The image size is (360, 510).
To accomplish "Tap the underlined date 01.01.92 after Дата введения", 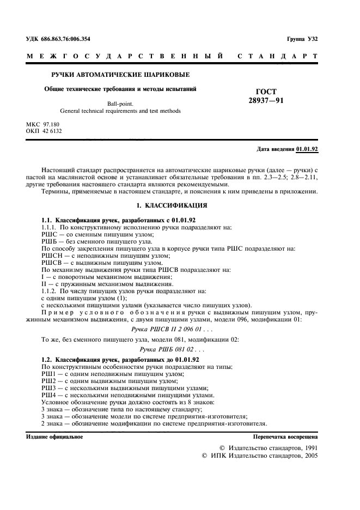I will pyautogui.click(x=307, y=149).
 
